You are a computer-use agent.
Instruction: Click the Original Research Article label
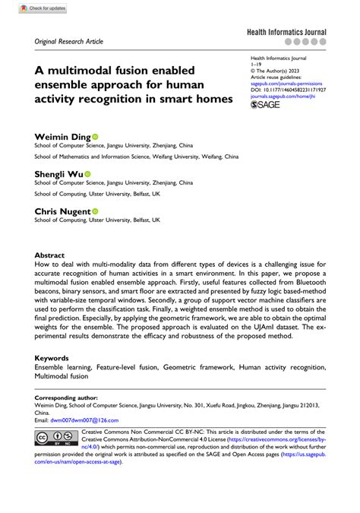pyautogui.click(x=69, y=41)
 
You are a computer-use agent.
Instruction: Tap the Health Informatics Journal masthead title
pyautogui.click(x=286, y=33)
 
